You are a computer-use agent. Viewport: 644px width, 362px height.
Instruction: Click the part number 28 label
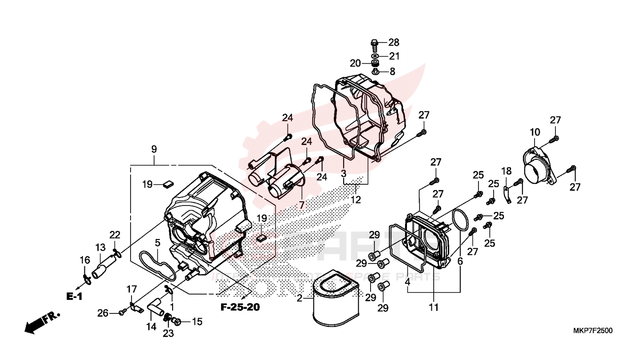pyautogui.click(x=394, y=42)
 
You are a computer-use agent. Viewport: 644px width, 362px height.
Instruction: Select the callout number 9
pyautogui.click(x=154, y=149)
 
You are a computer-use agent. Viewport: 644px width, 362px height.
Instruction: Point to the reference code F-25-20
pyautogui.click(x=240, y=307)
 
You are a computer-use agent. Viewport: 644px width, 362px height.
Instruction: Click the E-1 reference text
pyautogui.click(x=74, y=296)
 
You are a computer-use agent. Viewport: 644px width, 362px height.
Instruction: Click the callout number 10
pyautogui.click(x=535, y=132)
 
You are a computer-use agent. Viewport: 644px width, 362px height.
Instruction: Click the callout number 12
pyautogui.click(x=356, y=200)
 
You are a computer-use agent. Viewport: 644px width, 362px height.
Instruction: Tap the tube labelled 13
pyautogui.click(x=104, y=266)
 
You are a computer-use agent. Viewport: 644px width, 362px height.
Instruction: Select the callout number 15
pyautogui.click(x=197, y=322)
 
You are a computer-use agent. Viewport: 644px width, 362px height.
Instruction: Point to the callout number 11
pyautogui.click(x=434, y=308)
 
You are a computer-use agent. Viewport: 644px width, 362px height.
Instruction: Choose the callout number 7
pyautogui.click(x=301, y=205)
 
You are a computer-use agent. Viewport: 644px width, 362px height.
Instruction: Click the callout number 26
pyautogui.click(x=103, y=312)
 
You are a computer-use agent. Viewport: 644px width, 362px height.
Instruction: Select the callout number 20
pyautogui.click(x=355, y=63)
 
